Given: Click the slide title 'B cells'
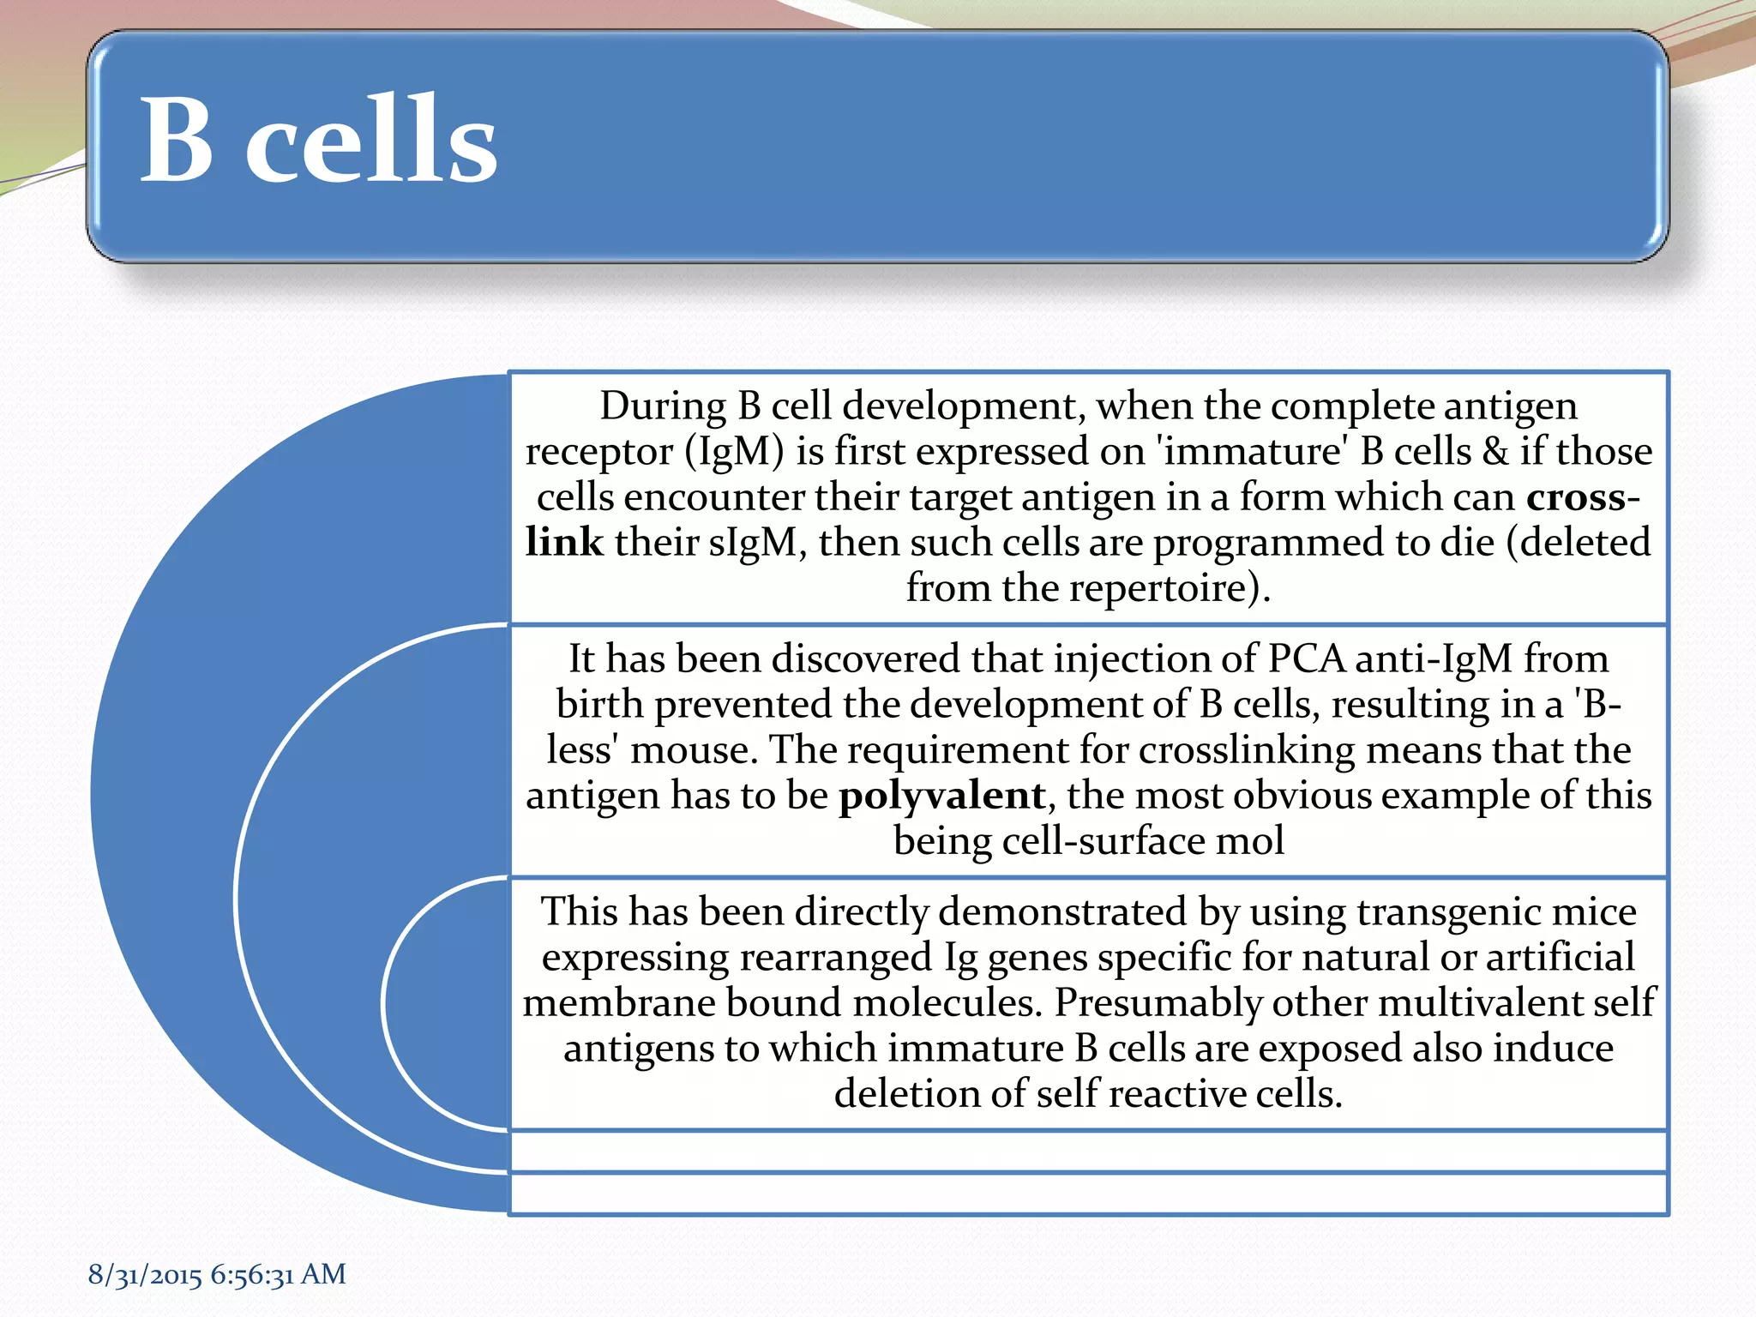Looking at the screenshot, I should click(x=318, y=140).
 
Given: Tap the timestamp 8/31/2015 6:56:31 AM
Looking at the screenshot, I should click(x=217, y=1274).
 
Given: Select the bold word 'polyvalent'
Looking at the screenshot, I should click(x=941, y=796).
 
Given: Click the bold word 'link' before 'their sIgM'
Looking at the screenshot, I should click(x=564, y=543).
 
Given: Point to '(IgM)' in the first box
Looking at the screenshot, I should click(x=734, y=452).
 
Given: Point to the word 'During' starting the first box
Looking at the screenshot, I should click(x=662, y=406).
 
